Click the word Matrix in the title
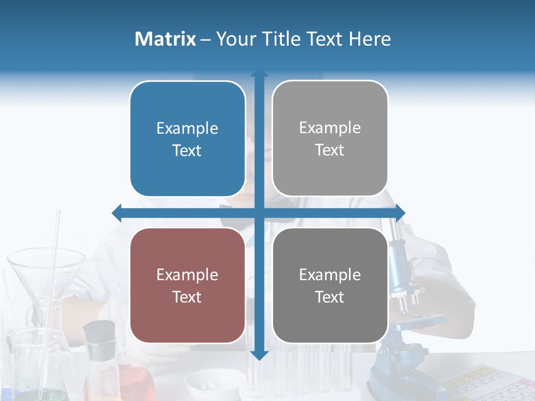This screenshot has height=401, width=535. coord(165,39)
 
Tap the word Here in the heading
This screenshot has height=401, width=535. coord(369,39)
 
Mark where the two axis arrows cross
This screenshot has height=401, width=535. coord(259,213)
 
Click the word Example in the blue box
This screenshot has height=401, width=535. coord(187,129)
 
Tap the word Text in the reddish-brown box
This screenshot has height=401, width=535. coord(187,297)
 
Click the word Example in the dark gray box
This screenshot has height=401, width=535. coord(330,275)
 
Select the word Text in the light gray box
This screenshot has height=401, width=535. coord(330,150)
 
